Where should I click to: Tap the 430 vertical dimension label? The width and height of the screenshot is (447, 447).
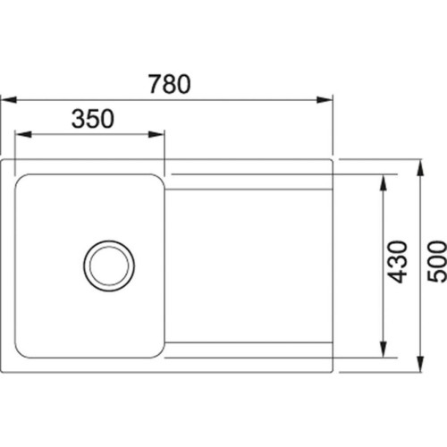coord(399,261)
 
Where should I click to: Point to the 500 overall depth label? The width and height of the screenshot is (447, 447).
coord(435,261)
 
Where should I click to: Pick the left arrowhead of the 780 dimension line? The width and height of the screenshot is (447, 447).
coord(5,99)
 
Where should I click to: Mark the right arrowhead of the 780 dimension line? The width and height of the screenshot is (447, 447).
coord(327,99)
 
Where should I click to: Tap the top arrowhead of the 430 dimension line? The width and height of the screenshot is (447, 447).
coord(384,178)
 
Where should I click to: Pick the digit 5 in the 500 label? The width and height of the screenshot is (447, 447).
coord(435,277)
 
